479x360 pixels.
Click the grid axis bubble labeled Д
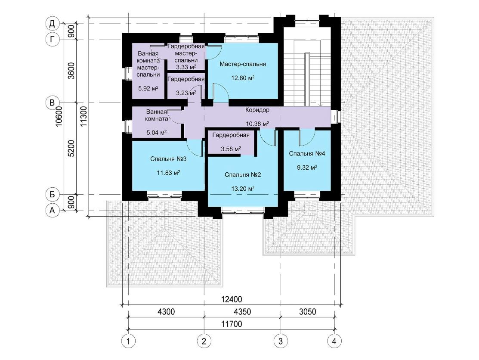click(52, 24)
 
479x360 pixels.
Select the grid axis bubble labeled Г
click(52, 39)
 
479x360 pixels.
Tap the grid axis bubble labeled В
click(52, 102)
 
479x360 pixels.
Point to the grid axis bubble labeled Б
click(52, 194)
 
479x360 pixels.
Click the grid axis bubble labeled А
click(52, 210)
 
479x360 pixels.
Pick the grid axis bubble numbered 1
click(128, 341)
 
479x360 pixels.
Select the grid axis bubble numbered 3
click(281, 341)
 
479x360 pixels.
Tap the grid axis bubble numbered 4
click(334, 341)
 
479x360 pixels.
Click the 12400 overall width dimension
click(231, 299)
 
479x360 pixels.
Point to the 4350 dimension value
click(242, 311)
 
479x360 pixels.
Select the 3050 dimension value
click(308, 311)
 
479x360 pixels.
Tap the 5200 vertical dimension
click(71, 149)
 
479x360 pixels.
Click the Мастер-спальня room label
click(243, 64)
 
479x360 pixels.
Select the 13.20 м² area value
click(243, 188)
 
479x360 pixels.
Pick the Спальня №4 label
click(307, 153)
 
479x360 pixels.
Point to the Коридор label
click(257, 110)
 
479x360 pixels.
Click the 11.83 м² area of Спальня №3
click(168, 173)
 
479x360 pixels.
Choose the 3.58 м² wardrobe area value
click(231, 149)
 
